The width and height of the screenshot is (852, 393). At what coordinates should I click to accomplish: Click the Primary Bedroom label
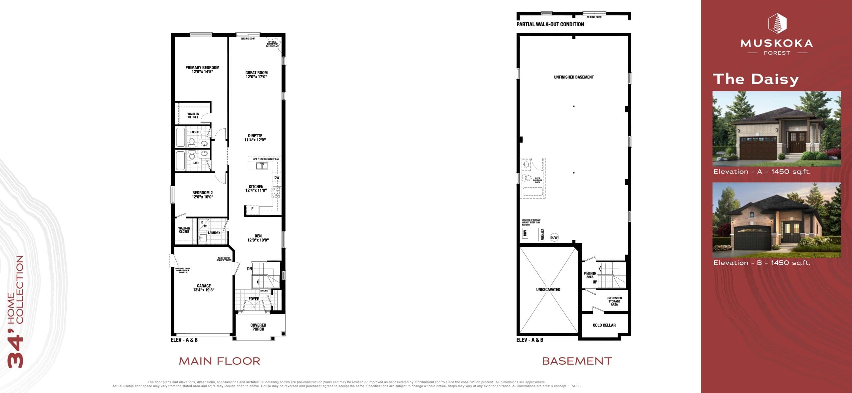tap(202, 67)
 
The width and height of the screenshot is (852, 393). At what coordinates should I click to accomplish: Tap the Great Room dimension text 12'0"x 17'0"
tap(256, 77)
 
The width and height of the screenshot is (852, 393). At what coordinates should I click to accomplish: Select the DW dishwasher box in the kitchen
tap(277, 178)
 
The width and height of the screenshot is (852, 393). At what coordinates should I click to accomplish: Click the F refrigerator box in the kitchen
tap(252, 209)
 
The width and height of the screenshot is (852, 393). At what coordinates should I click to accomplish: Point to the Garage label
tap(204, 286)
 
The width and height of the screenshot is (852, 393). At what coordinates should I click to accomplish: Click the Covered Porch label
tap(258, 327)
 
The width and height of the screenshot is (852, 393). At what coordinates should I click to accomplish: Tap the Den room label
tap(258, 236)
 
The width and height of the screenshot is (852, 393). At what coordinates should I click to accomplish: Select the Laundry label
tap(214, 233)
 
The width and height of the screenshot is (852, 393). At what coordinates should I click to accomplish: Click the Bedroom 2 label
tap(202, 193)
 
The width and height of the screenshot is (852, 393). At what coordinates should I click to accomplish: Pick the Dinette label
tap(255, 136)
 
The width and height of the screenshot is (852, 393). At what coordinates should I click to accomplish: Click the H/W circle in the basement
tap(554, 237)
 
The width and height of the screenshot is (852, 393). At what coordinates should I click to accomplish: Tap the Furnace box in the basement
tap(542, 234)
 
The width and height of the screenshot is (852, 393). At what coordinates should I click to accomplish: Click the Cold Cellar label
tap(604, 325)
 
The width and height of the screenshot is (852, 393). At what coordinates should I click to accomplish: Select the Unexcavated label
tap(548, 290)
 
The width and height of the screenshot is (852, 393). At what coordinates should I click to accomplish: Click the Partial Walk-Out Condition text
tap(550, 24)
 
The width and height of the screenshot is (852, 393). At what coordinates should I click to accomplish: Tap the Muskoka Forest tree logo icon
tap(777, 24)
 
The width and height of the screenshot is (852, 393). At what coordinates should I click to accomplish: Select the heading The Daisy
tap(755, 79)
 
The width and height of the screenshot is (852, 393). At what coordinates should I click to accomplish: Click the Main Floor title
tap(219, 361)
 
